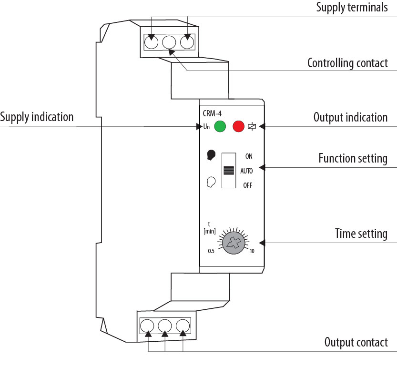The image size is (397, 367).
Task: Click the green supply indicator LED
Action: tap(220, 127)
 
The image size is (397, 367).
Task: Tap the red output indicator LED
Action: tap(238, 127)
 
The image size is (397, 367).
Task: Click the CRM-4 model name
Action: tap(213, 113)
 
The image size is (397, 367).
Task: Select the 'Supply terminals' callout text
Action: tap(352, 8)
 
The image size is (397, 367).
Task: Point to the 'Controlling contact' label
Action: tap(347, 63)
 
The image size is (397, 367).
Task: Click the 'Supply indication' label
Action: tap(37, 117)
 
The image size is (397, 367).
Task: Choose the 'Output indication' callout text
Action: tap(350, 117)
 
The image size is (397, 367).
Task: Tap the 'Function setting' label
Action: tap(353, 158)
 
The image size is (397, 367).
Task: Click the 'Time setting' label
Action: tap(361, 234)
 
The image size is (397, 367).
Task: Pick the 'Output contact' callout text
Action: tap(356, 342)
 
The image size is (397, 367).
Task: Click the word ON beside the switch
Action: tap(249, 156)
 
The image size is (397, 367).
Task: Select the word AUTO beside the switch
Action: tap(246, 171)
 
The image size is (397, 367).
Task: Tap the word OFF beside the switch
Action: tap(248, 185)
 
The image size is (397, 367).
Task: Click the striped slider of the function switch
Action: tap(229, 171)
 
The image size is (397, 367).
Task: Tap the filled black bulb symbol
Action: tap(211, 155)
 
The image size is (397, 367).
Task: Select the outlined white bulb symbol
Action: tap(211, 182)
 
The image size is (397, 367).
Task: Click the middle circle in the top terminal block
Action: tap(169, 42)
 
